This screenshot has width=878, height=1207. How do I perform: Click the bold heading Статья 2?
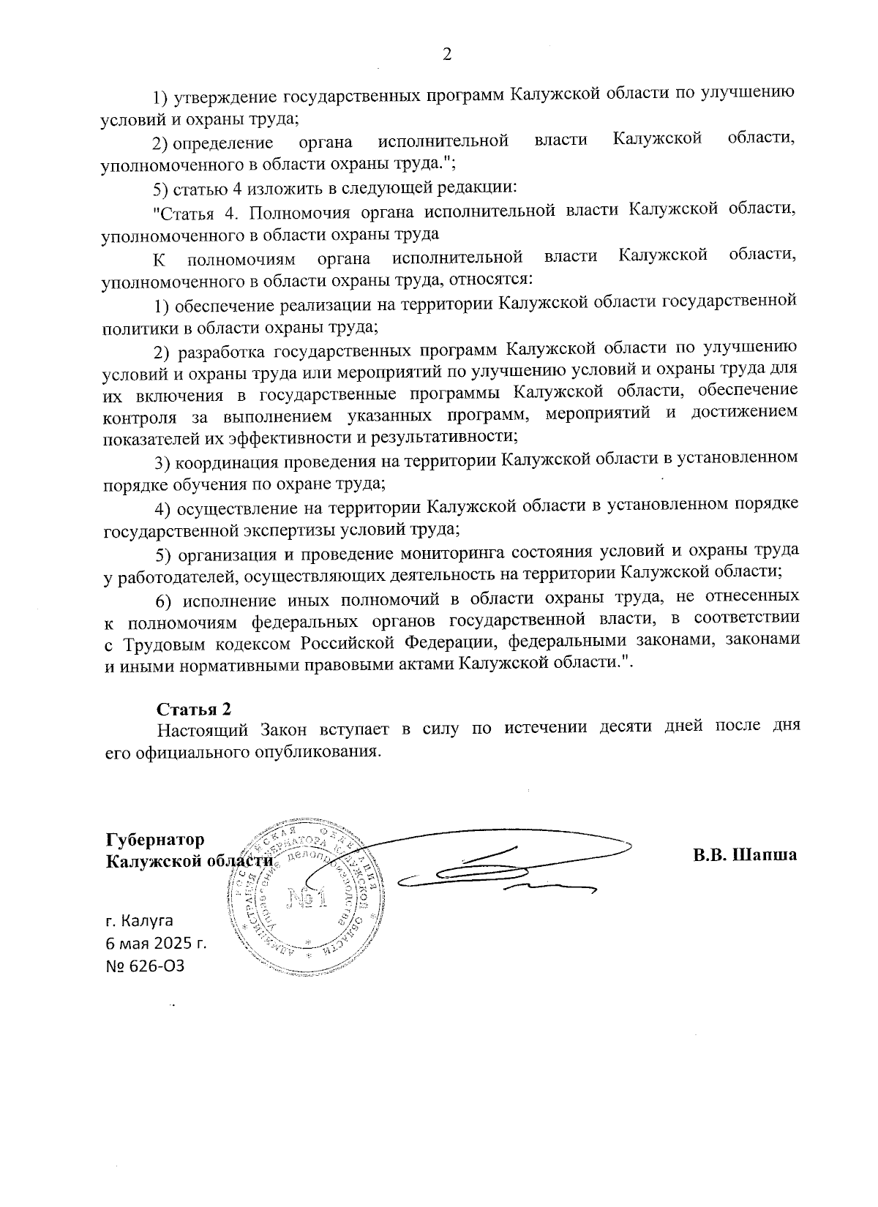194,709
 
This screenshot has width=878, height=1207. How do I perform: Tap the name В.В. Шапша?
745,854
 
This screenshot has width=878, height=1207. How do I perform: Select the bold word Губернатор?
155,839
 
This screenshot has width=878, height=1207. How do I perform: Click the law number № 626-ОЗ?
145,966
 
